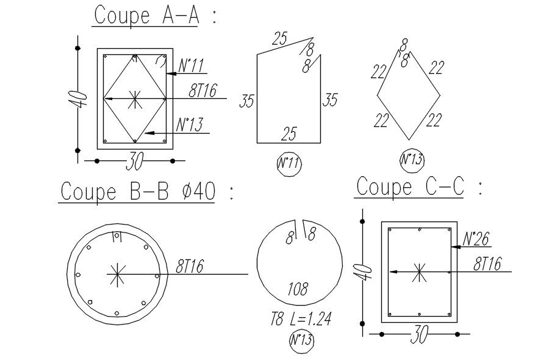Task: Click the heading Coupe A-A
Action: [x=146, y=15]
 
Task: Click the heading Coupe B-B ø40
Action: [x=138, y=192]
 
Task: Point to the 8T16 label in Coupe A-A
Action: [x=203, y=90]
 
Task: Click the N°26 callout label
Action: [x=476, y=239]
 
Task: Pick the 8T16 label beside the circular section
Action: [x=190, y=266]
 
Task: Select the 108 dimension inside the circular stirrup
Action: [x=298, y=289]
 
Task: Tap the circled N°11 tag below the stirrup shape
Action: [x=289, y=164]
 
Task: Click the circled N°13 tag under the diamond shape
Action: [x=412, y=160]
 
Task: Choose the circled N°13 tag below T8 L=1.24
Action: [x=301, y=340]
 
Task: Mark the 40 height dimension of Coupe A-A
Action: [x=77, y=99]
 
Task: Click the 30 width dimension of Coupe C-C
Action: [x=419, y=334]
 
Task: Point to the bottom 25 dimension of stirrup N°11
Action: [x=289, y=134]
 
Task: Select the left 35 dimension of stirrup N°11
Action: [x=247, y=101]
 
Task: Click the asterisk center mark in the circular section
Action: [x=116, y=274]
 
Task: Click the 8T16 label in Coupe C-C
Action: [x=487, y=264]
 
